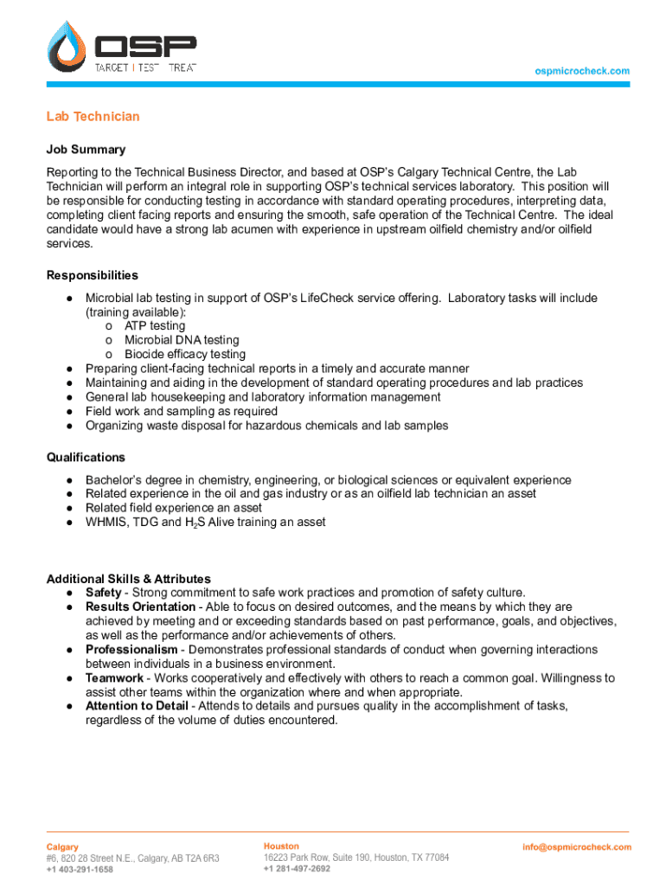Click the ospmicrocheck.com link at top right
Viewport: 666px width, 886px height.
[582, 71]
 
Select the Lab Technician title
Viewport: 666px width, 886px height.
[93, 117]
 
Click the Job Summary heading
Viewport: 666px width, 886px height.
[86, 150]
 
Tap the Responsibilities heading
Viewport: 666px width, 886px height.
[92, 275]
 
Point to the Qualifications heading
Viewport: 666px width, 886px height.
[86, 457]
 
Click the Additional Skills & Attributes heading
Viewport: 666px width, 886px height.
[128, 579]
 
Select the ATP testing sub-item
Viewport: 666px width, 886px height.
[155, 326]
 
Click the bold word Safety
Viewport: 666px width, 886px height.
[103, 593]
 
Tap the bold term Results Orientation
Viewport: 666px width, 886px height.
[140, 607]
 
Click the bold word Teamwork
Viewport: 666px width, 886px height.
[114, 678]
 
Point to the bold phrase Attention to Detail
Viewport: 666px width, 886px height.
[138, 706]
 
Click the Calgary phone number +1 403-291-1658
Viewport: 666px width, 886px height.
[80, 870]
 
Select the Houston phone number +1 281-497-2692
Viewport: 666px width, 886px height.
[297, 869]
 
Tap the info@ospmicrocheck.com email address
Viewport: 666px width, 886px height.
[577, 847]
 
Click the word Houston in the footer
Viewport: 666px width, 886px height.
[281, 846]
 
